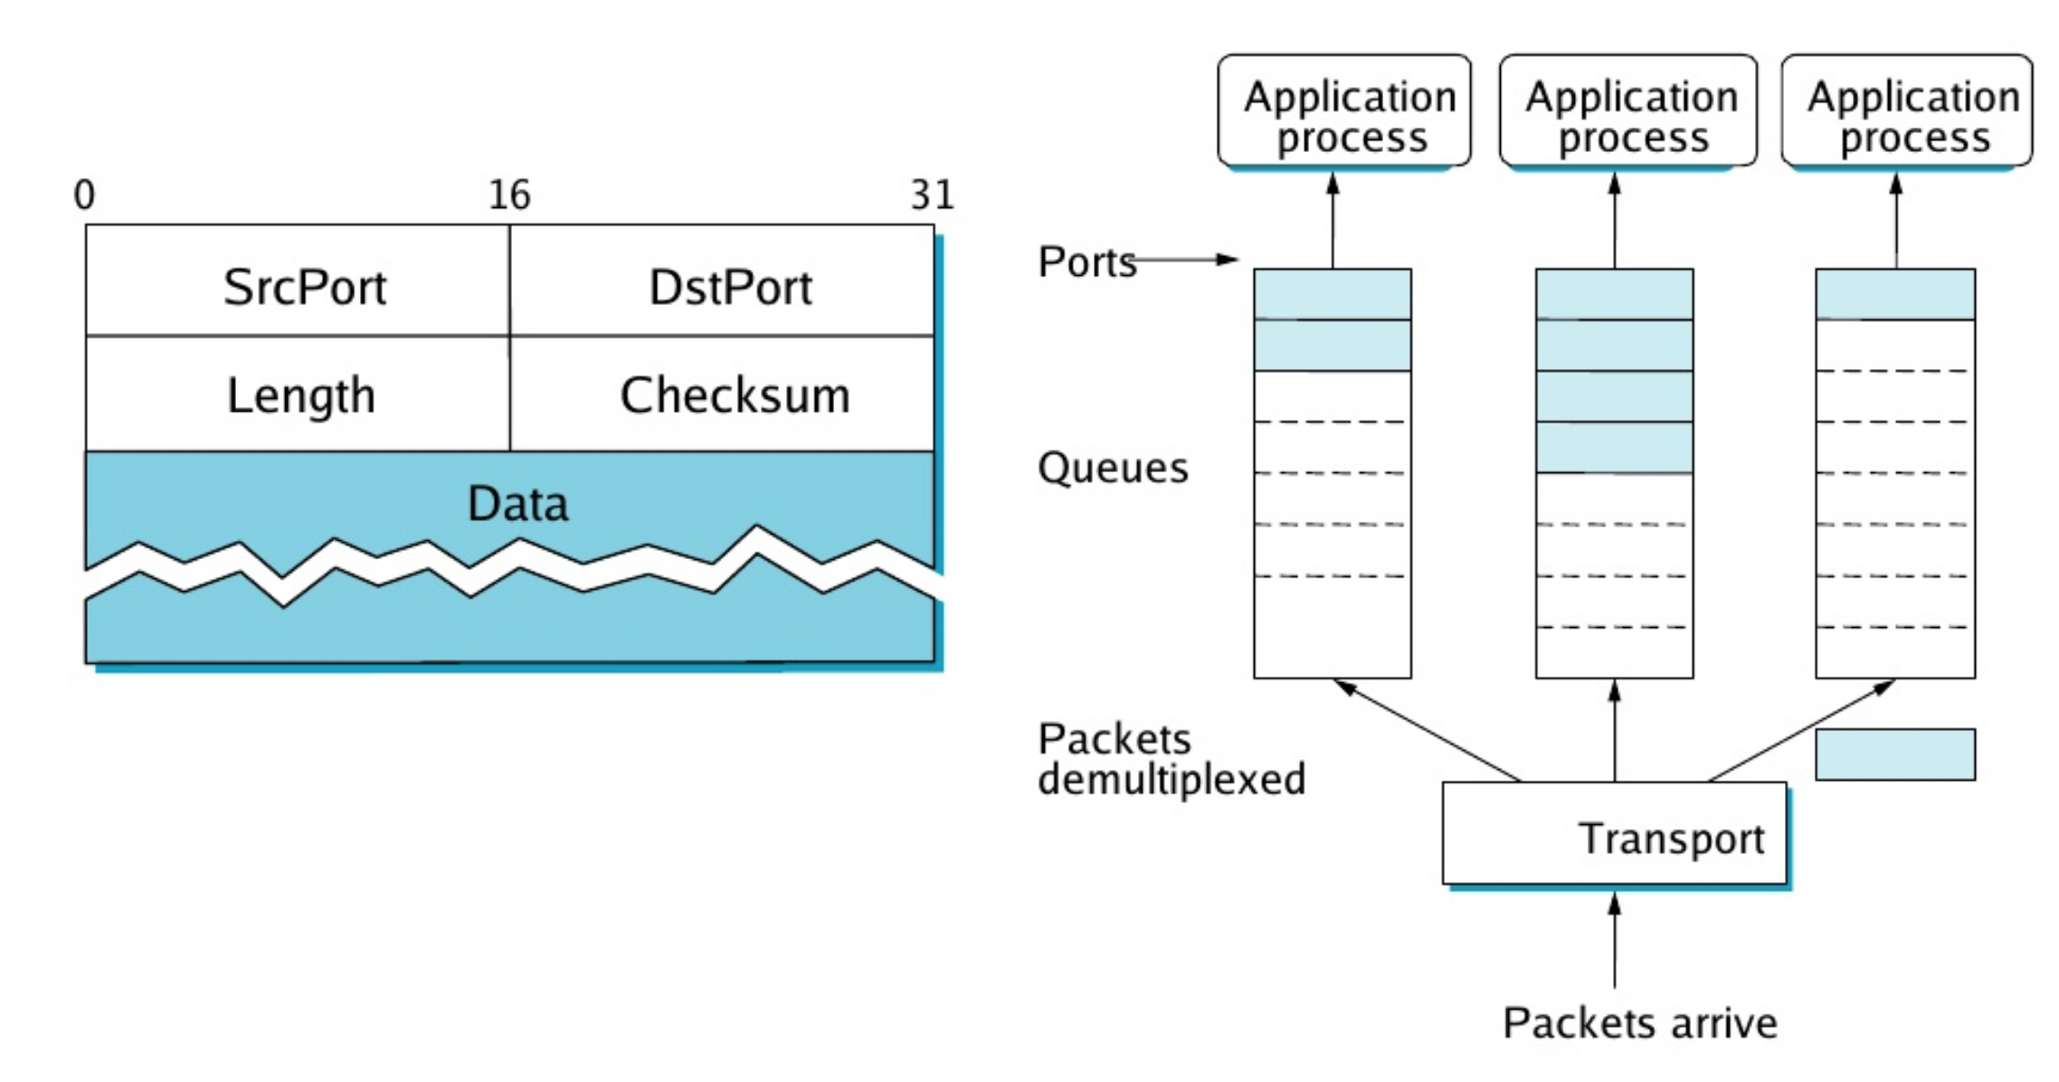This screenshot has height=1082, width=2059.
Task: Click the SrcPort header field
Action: pos(304,287)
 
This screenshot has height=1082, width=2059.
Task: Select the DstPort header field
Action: pos(730,287)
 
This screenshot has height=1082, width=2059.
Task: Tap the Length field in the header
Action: pos(300,395)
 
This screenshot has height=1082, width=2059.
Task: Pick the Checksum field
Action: pos(734,395)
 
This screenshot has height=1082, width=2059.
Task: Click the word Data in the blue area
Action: pos(517,503)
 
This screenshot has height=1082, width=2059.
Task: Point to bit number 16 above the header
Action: pos(509,195)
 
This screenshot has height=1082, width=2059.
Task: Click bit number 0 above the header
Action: pos(84,195)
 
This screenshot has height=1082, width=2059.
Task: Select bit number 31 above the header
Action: pos(932,195)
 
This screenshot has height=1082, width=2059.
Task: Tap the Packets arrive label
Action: pos(1639,1023)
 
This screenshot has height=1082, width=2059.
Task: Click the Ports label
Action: pos(1086,262)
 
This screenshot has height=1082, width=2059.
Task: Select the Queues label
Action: pos(1112,468)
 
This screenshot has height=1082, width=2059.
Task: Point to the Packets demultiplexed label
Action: pos(1171,759)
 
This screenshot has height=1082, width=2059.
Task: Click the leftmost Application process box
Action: pos(1344,111)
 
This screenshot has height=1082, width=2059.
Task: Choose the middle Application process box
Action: pos(1628,111)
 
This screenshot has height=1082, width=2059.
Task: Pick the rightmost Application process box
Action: pos(1907,111)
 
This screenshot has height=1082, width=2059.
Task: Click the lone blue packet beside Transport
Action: pos(1895,755)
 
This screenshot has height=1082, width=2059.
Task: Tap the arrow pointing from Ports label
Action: pos(1185,260)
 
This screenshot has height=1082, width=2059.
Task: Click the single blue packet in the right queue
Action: pos(1895,294)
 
